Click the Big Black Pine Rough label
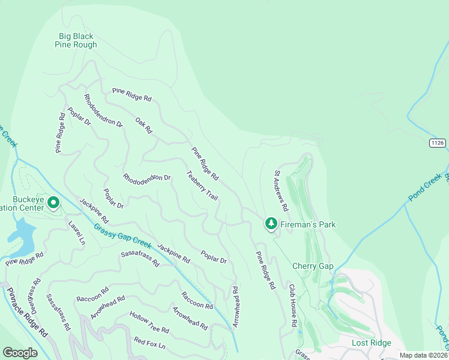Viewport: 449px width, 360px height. [76, 40]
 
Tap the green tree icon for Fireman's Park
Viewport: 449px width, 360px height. [271, 224]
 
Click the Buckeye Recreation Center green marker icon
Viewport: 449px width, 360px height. [53, 204]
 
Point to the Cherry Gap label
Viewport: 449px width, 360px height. [312, 266]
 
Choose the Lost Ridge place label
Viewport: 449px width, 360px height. [371, 343]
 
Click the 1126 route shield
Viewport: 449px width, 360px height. [438, 143]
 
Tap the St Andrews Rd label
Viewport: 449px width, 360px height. [282, 190]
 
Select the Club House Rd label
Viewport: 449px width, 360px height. [292, 305]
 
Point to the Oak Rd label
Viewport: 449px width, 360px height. [144, 125]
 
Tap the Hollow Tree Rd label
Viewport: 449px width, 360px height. [149, 323]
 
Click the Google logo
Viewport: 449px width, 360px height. [20, 353]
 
